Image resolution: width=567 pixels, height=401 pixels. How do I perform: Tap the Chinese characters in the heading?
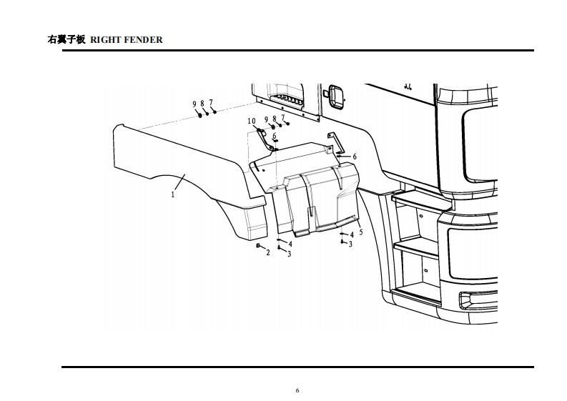pos(66,40)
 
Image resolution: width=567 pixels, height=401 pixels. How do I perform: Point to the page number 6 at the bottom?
pos(297,390)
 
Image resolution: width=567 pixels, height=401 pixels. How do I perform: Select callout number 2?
pos(268,253)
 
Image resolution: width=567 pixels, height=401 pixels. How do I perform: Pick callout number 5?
pos(361,232)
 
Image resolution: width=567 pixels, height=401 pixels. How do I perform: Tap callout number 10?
pos(252,122)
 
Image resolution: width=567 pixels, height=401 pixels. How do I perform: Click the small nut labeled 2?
pos(258,246)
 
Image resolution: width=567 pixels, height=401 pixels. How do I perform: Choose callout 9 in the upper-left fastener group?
pos(194,104)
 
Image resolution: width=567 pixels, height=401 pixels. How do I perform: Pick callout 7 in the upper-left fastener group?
pos(211,102)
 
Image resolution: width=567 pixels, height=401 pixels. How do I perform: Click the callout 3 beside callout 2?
pos(289,254)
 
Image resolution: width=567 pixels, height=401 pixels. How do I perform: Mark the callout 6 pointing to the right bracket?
pos(355,157)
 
